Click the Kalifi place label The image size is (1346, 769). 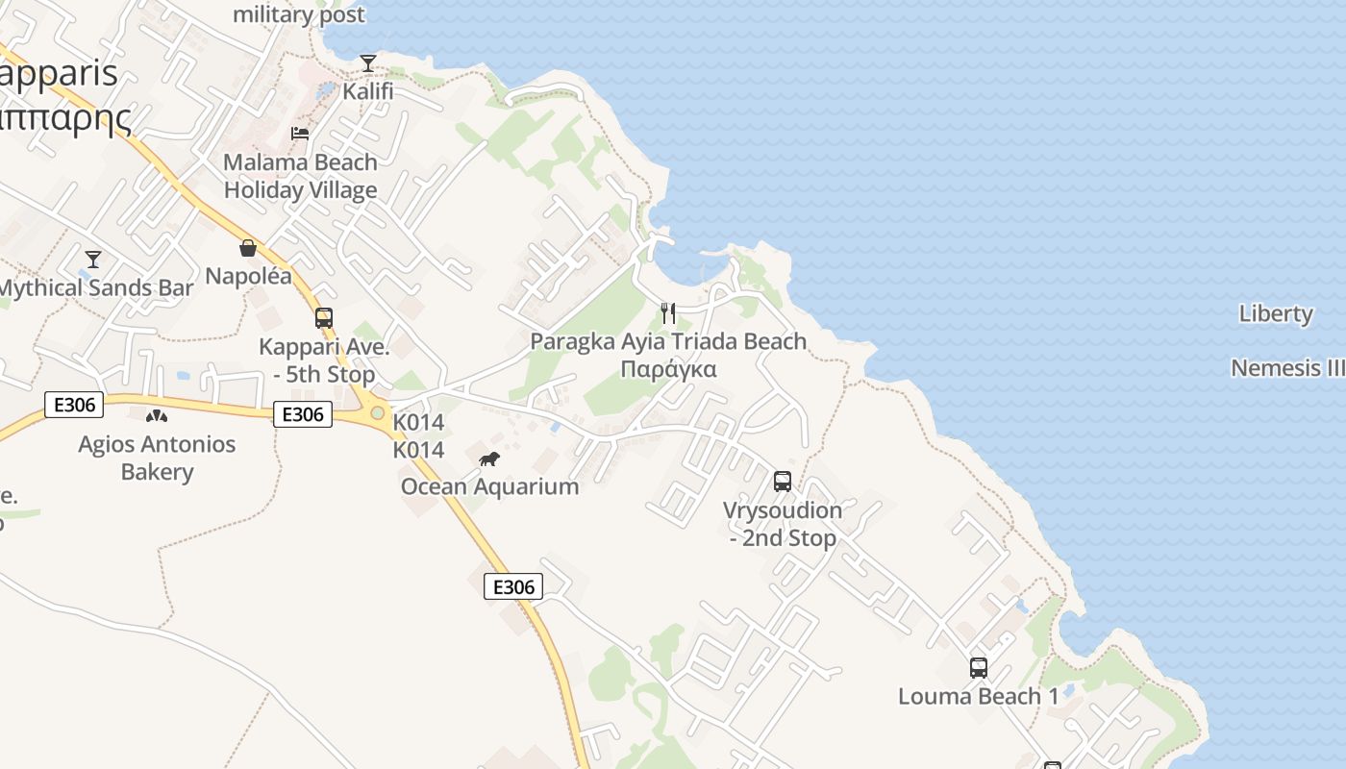tap(368, 91)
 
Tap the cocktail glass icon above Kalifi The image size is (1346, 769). tap(368, 63)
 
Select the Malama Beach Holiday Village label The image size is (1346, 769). tap(301, 176)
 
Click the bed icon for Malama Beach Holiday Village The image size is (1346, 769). tap(300, 134)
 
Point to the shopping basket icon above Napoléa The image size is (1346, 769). tap(248, 248)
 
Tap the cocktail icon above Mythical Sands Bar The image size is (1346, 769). tap(93, 260)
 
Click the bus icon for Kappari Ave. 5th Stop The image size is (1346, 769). tap(324, 317)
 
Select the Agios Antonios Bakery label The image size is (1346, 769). tap(157, 458)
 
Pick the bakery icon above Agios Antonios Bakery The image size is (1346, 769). tap(156, 416)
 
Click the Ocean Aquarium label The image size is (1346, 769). tap(489, 486)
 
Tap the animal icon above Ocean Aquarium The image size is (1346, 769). tap(489, 459)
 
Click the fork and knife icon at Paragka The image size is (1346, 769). tap(668, 313)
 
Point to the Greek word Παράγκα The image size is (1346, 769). tap(668, 369)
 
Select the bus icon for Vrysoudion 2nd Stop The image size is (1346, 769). tap(783, 481)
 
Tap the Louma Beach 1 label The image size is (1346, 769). tap(978, 696)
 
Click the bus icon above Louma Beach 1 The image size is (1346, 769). tap(978, 667)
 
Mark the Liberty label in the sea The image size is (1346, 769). tap(1276, 313)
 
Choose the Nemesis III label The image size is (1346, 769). tap(1287, 368)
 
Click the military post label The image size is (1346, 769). tap(299, 14)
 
